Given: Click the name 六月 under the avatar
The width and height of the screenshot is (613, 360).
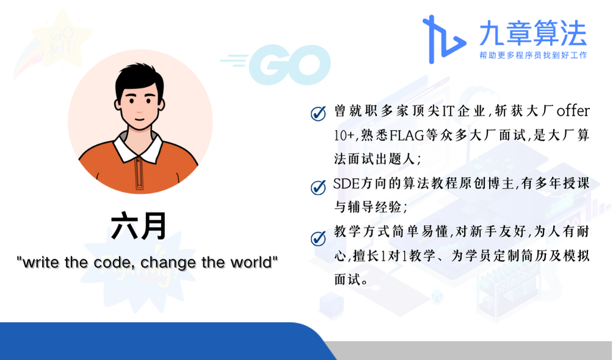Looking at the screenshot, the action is point(139,226).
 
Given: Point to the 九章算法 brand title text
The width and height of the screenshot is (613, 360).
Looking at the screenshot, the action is point(533,33).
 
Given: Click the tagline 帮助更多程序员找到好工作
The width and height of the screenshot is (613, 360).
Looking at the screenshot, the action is point(533,55).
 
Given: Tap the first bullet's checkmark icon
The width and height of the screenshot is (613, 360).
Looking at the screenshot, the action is point(318,113).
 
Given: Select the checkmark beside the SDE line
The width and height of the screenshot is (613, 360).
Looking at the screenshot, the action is point(318,187).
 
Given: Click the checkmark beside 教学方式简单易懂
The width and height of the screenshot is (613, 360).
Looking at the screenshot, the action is point(318,238).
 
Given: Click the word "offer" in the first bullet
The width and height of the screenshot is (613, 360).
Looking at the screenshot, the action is point(573,110).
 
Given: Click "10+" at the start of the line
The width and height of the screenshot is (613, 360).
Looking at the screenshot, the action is point(344,135).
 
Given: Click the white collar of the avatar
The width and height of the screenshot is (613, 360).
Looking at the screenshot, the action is point(138,148).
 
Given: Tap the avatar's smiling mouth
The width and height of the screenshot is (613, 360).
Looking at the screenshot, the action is point(140,118).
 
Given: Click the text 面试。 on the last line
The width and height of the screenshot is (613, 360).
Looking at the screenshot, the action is point(350,279).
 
